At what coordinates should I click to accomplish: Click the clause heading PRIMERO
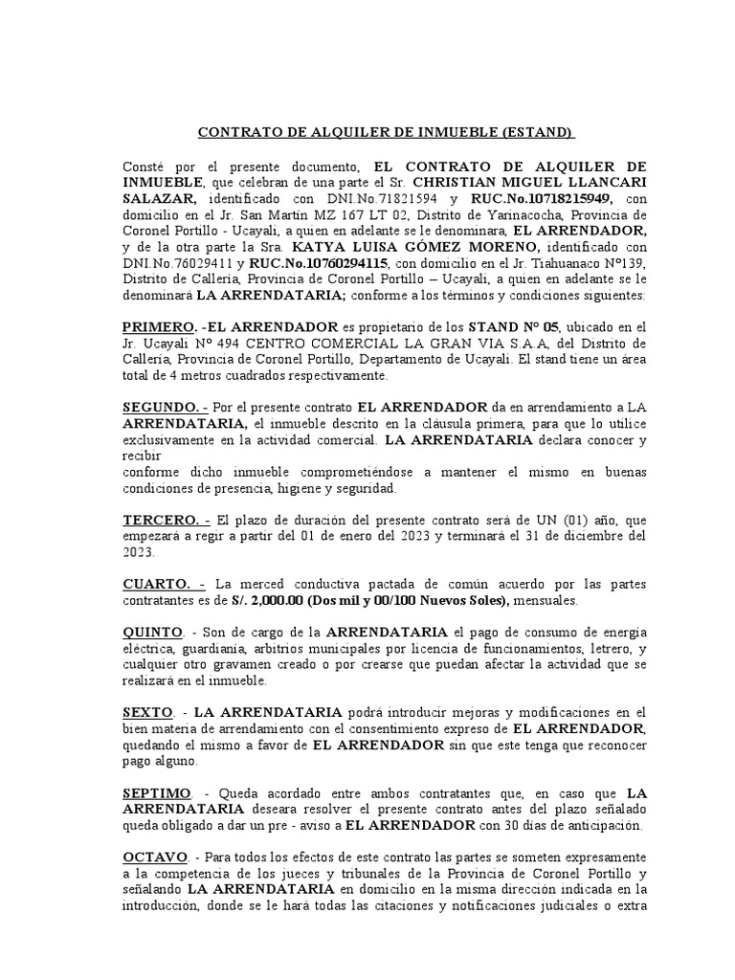pyautogui.click(x=157, y=326)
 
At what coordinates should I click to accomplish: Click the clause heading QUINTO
pyautogui.click(x=152, y=633)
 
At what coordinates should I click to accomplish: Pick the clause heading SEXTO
pyautogui.click(x=147, y=713)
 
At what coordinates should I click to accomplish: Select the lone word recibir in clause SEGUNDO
pyautogui.click(x=140, y=456)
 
